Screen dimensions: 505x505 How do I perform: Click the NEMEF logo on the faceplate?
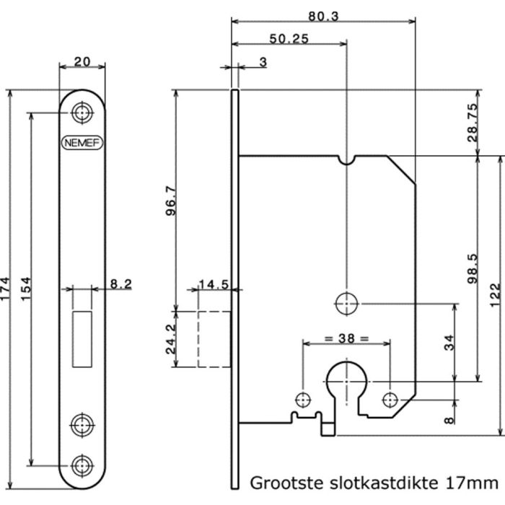pyautogui.click(x=82, y=142)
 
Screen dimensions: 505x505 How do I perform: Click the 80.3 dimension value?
pyautogui.click(x=323, y=15)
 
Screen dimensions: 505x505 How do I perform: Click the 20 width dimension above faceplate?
pyautogui.click(x=82, y=63)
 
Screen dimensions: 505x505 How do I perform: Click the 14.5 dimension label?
pyautogui.click(x=214, y=285)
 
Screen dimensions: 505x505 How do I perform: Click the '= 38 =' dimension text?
pyautogui.click(x=346, y=338)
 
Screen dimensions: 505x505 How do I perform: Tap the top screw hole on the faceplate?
pyautogui.click(x=82, y=113)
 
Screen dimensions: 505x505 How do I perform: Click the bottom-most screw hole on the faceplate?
pyautogui.click(x=82, y=464)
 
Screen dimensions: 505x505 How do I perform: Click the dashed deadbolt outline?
pyautogui.click(x=213, y=338)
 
